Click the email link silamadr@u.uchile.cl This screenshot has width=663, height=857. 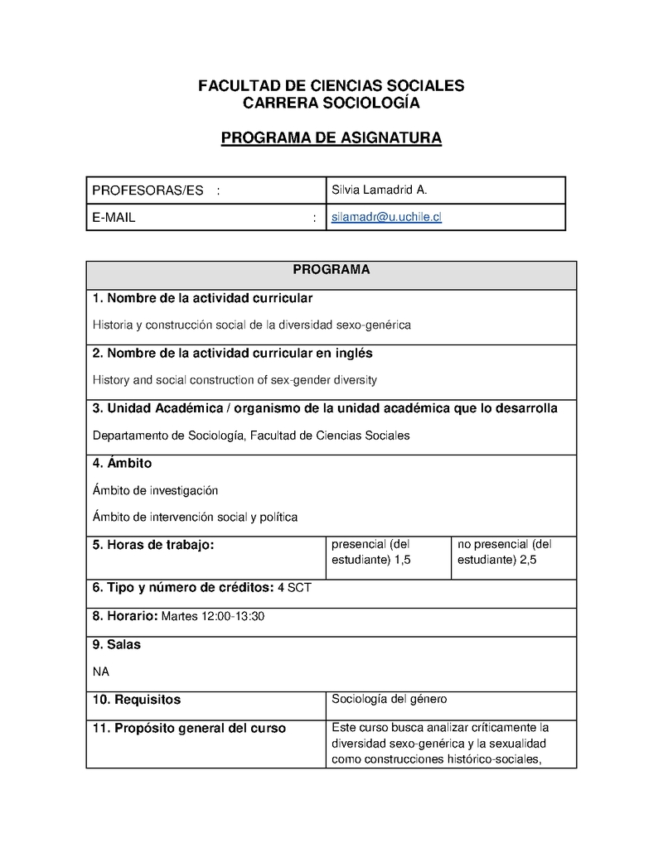coord(386,217)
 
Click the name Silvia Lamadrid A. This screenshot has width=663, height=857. coord(379,190)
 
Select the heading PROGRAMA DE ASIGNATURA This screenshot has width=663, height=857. coord(331,138)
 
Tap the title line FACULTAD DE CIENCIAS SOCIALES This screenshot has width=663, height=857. coord(331,86)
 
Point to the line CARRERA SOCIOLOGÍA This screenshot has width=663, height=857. coord(331,104)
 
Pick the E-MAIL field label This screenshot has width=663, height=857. coord(114,218)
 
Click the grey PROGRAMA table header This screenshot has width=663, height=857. coord(331,271)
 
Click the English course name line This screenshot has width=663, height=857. coord(235,380)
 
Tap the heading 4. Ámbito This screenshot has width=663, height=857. coord(122,464)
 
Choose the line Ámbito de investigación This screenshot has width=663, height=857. coord(155,490)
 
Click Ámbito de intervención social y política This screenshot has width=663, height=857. coord(195,517)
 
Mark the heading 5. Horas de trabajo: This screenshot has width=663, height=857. coord(153,545)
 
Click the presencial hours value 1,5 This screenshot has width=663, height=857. coord(403,560)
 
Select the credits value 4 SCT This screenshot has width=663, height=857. coord(294,588)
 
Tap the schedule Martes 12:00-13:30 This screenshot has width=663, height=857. coord(213,616)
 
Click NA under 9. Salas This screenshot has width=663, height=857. coord(100,671)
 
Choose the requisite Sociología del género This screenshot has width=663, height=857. coord(390,699)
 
